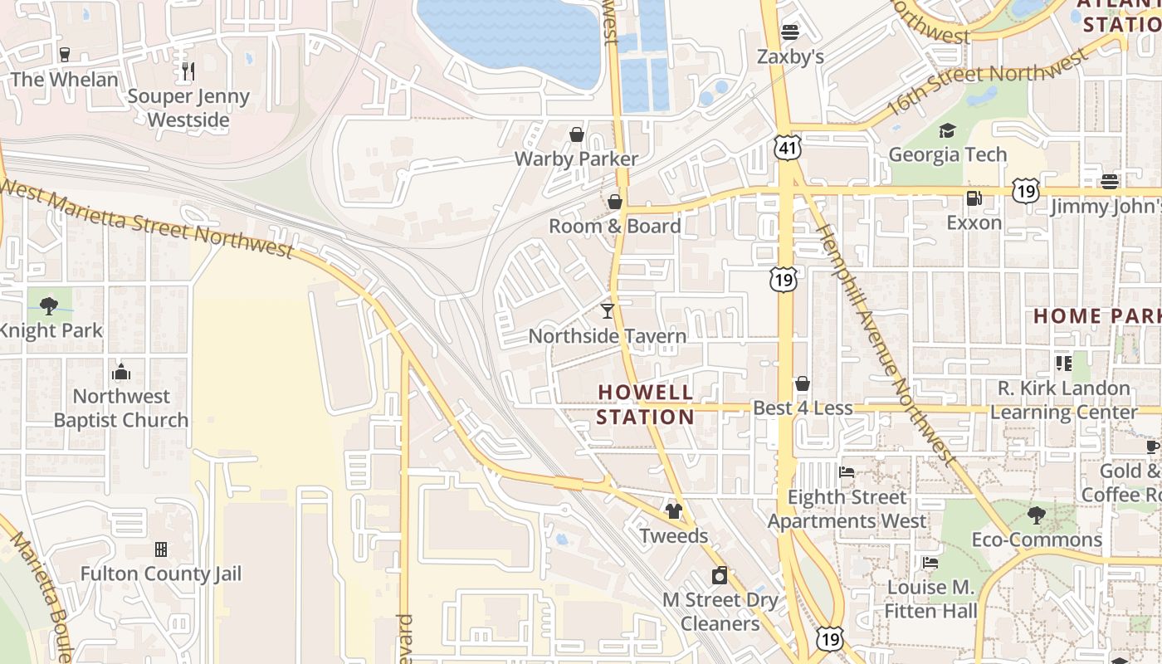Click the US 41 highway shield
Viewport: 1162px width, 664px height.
(788, 148)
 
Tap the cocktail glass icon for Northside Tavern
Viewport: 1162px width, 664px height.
(608, 311)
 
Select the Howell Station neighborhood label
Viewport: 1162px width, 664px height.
(645, 404)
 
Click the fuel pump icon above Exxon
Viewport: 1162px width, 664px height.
(974, 198)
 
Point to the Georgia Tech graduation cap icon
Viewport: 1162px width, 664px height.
(947, 130)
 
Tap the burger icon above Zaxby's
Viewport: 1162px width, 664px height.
(790, 32)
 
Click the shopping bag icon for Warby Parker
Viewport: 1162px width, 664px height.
(576, 134)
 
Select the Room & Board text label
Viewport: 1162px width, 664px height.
(614, 226)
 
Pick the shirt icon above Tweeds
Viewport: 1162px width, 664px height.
(673, 511)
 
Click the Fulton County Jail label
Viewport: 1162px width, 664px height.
(160, 574)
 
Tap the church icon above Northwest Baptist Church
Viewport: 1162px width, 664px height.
(121, 372)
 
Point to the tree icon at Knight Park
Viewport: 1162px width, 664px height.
(49, 305)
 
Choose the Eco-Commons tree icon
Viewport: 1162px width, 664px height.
(1036, 515)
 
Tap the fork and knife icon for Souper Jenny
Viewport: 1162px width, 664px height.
(188, 71)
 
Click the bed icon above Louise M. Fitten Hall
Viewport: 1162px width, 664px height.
(930, 563)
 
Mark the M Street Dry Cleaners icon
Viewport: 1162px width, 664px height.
(720, 575)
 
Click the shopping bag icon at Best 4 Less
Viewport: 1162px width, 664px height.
(803, 383)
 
